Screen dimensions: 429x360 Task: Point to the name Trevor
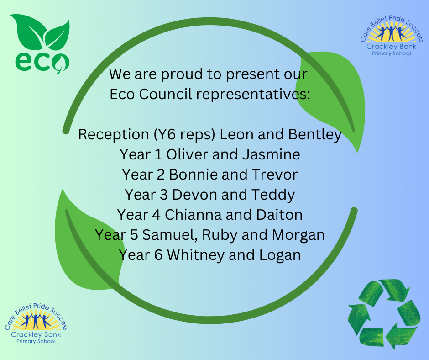[275, 175]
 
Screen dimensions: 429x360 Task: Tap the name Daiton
[279, 215]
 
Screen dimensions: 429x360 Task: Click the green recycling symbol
[384, 314]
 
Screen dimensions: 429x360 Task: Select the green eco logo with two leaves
[41, 44]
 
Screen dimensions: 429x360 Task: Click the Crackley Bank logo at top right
[391, 36]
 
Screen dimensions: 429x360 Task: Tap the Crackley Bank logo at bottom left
[36, 323]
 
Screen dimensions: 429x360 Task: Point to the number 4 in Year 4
[156, 215]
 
